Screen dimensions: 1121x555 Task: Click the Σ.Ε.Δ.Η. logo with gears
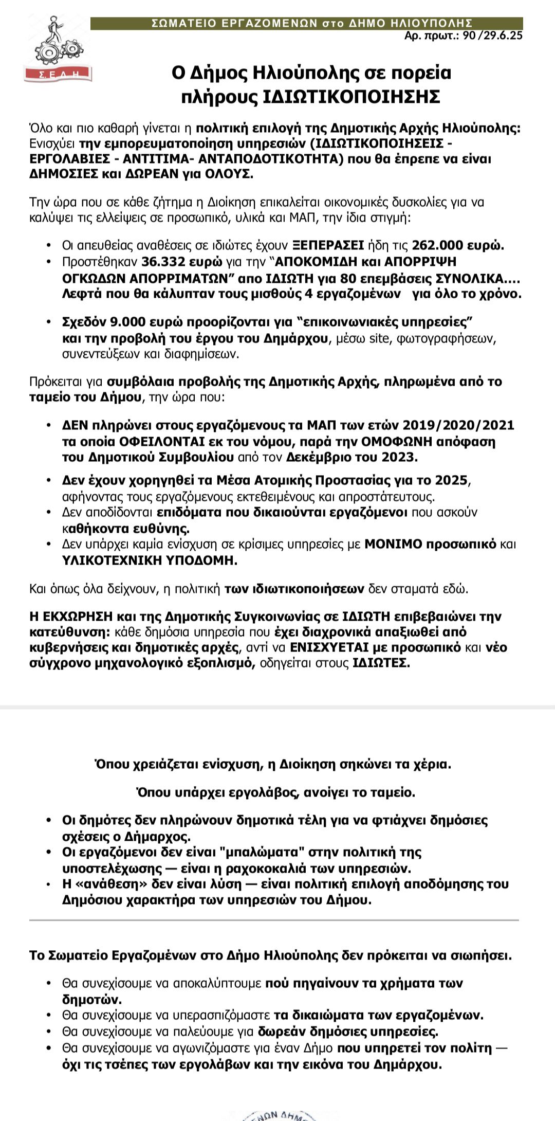tap(58, 49)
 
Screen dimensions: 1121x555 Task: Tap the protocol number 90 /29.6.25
tap(492, 36)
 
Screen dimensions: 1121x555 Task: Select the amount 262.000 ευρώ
tap(458, 245)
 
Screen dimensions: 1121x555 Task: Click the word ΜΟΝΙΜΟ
tap(393, 544)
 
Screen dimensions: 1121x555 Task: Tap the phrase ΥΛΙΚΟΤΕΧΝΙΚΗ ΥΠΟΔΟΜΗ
tap(150, 560)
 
